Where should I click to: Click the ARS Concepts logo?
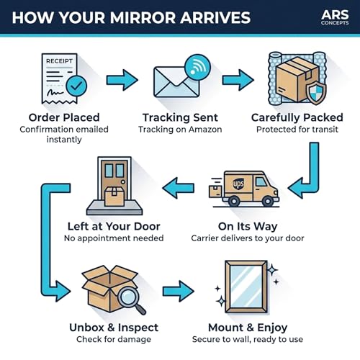(335, 17)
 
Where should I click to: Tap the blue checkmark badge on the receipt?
(76, 86)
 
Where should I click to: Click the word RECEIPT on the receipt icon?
(59, 61)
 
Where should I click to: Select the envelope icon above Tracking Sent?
(176, 82)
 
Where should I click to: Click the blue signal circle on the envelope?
(197, 68)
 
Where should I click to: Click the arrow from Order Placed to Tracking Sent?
(122, 80)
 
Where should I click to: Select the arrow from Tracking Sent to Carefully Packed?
(238, 80)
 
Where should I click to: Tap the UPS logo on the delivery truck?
(238, 184)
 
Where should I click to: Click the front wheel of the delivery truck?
(268, 201)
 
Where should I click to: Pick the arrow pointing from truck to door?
(178, 188)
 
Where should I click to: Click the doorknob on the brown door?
(123, 182)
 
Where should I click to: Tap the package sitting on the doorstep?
(114, 197)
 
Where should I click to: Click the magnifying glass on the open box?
(132, 300)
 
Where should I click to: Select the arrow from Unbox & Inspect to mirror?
(178, 291)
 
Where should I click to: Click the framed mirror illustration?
(246, 287)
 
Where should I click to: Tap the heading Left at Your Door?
(114, 226)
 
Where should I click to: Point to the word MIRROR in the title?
(143, 17)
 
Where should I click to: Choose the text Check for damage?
(114, 339)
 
